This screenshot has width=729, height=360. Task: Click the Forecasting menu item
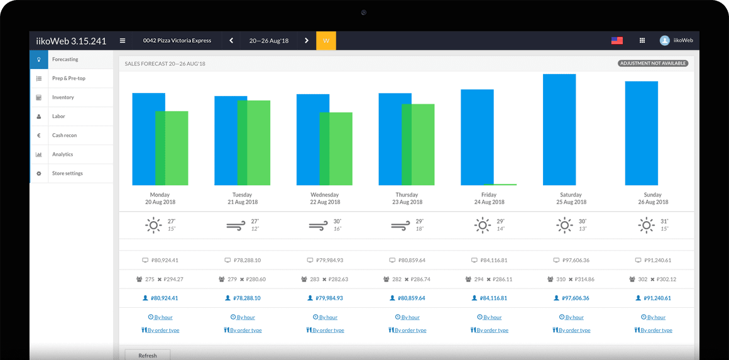tap(65, 60)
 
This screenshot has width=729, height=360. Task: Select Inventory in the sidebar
tap(63, 97)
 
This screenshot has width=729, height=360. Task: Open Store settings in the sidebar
tap(67, 173)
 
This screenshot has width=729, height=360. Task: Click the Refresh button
tap(148, 355)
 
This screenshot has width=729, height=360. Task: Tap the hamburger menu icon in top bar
tap(123, 41)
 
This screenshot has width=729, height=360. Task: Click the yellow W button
tap(326, 41)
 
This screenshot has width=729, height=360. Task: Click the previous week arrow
tap(231, 41)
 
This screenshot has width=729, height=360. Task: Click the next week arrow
tap(307, 41)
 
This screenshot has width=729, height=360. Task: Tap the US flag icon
tap(617, 41)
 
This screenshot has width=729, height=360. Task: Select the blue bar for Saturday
tap(559, 129)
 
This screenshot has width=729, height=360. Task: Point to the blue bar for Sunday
tap(641, 133)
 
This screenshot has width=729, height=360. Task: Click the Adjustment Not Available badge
tap(653, 63)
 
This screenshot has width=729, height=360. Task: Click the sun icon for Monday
tap(153, 225)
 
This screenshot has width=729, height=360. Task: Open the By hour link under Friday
tap(489, 317)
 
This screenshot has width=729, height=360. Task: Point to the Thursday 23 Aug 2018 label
tap(407, 199)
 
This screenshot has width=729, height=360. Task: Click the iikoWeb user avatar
tap(664, 41)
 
